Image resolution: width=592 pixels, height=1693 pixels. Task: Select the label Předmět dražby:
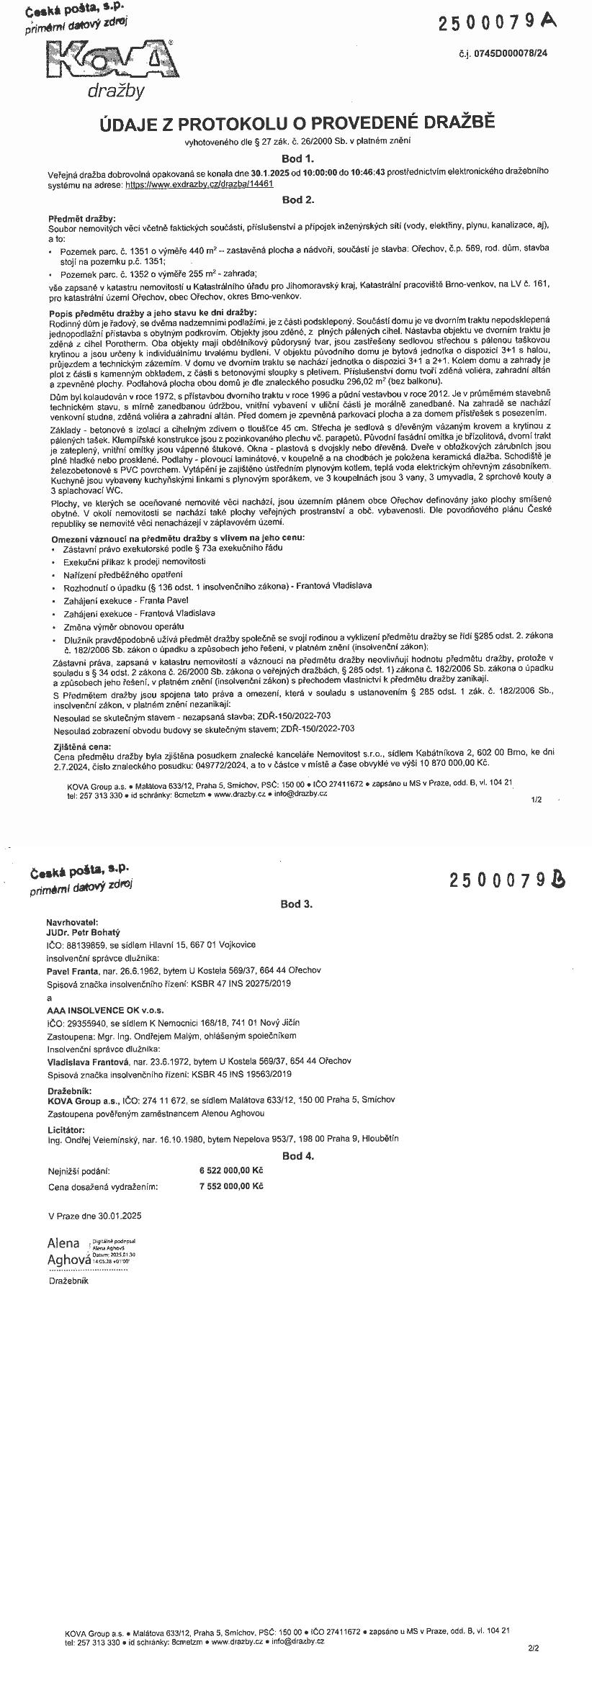pyautogui.click(x=81, y=218)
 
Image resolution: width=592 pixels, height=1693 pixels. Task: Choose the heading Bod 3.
pyautogui.click(x=297, y=904)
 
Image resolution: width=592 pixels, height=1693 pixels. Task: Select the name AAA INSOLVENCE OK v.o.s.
pyautogui.click(x=96, y=1010)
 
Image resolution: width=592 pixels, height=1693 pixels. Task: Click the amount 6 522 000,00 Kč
pyautogui.click(x=231, y=1171)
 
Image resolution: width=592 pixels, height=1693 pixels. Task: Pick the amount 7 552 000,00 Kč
pyautogui.click(x=231, y=1186)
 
